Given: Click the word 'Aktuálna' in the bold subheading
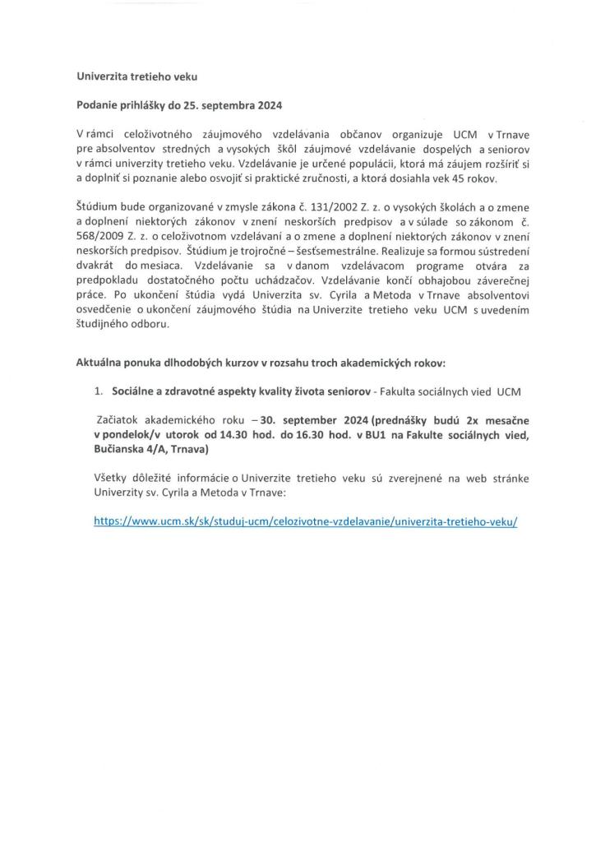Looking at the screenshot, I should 102,363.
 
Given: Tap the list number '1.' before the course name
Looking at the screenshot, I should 99,391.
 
